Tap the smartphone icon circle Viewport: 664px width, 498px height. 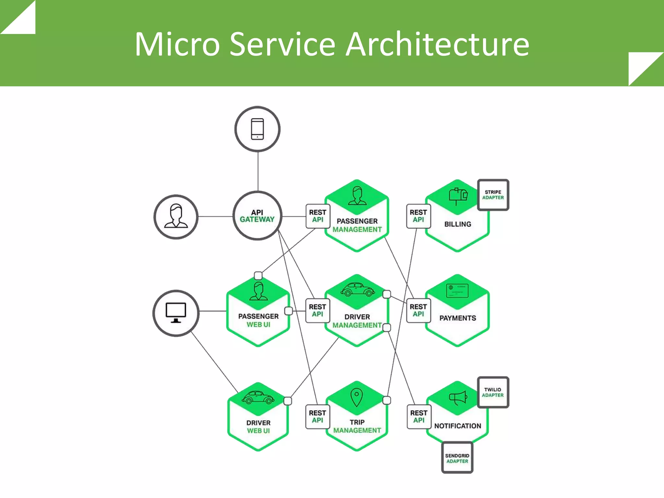[x=257, y=129]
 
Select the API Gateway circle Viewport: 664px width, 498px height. [x=257, y=216]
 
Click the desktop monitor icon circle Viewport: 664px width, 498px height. [x=176, y=313]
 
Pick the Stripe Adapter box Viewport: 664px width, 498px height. [x=493, y=195]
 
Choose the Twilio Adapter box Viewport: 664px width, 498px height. [x=493, y=392]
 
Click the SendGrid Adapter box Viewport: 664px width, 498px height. [x=457, y=458]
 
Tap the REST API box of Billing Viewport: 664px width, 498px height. [x=418, y=216]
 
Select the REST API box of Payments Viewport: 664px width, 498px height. [x=418, y=310]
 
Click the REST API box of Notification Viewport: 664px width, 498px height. [x=419, y=417]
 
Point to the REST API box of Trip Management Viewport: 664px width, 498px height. [x=317, y=417]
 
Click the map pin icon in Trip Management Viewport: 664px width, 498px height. [x=357, y=397]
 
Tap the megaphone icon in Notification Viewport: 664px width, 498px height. [x=458, y=397]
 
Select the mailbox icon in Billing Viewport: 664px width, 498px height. [x=458, y=196]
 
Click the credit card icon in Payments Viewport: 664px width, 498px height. [x=457, y=290]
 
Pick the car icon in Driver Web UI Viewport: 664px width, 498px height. [x=258, y=397]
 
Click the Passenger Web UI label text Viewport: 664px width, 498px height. [x=258, y=320]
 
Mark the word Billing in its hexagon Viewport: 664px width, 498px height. [x=457, y=224]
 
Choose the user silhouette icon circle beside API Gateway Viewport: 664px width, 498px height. [x=176, y=217]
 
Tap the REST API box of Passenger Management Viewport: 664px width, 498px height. [x=318, y=216]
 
